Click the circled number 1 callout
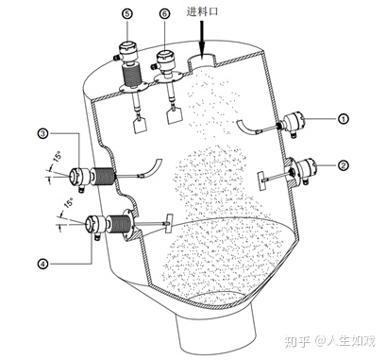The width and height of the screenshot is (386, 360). [x=344, y=119]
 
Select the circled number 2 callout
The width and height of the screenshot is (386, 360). [x=344, y=164]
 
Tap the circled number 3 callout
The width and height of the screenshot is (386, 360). [x=43, y=133]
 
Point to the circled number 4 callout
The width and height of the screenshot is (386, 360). [x=43, y=264]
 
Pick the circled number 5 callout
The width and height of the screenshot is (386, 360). [x=127, y=13]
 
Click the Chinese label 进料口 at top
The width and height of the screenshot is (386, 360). [x=202, y=11]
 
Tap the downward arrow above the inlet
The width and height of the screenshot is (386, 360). [x=202, y=39]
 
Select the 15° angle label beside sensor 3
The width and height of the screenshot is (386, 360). [x=58, y=156]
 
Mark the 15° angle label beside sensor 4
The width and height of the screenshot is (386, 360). [x=68, y=203]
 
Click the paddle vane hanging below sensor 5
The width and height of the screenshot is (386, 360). [x=140, y=125]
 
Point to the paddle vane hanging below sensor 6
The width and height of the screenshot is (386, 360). [x=174, y=116]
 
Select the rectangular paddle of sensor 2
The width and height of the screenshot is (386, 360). [x=261, y=180]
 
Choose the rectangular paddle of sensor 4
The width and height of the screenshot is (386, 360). [x=169, y=223]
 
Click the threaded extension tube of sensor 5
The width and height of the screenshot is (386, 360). [x=131, y=75]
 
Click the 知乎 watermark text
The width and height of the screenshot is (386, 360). [x=297, y=341]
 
